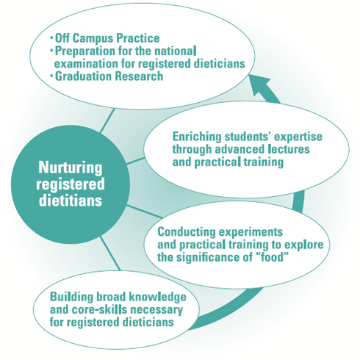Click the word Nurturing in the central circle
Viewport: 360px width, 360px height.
click(71, 168)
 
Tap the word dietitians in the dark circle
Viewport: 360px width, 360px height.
click(71, 201)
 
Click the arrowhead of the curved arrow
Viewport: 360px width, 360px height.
click(259, 85)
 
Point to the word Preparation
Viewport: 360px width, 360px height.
click(85, 51)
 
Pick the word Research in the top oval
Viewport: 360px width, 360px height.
click(139, 76)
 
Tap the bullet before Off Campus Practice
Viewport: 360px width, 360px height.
click(51, 38)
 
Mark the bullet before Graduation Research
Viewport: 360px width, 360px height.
click(51, 76)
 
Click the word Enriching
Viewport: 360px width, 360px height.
click(197, 137)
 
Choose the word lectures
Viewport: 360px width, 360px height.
click(289, 149)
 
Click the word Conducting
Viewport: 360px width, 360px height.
click(187, 231)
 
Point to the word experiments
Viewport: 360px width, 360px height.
click(251, 232)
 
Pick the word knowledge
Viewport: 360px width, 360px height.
click(157, 297)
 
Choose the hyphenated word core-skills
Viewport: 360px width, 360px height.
click(100, 309)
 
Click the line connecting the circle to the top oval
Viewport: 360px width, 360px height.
click(107, 121)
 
